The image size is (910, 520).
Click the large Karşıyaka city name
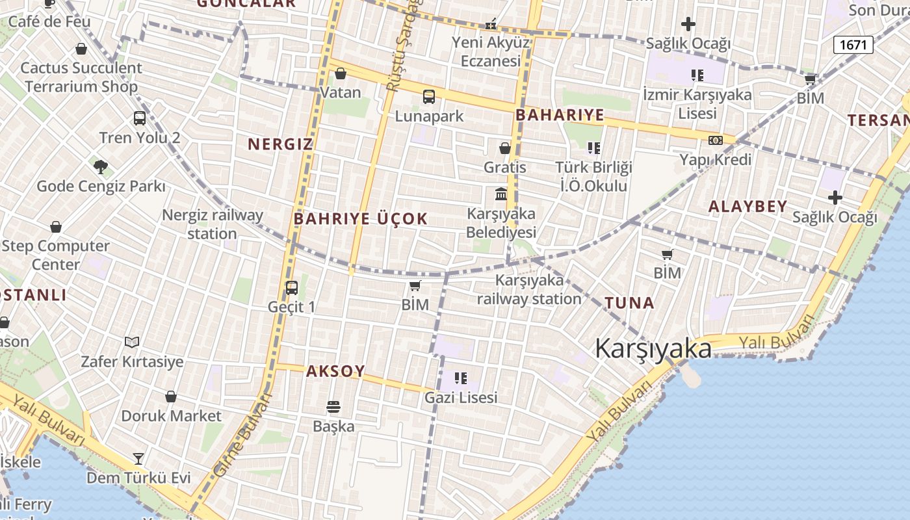click(653, 349)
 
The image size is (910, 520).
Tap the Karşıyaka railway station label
click(529, 289)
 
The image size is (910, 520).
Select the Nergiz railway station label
click(213, 224)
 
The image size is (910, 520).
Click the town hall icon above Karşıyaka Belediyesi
click(501, 194)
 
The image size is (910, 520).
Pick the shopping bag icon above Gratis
click(505, 148)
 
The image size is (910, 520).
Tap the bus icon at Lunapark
click(429, 97)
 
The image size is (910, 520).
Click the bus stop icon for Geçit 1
click(292, 287)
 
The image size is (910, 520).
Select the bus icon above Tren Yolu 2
click(140, 118)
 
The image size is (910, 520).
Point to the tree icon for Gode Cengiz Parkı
click(100, 167)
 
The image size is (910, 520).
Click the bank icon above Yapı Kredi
click(716, 140)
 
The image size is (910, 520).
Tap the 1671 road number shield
click(853, 44)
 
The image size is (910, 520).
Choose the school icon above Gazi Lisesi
click(461, 378)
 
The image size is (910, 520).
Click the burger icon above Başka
click(333, 407)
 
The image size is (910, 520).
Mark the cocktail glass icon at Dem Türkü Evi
click(138, 458)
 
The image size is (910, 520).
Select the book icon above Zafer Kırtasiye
click(132, 342)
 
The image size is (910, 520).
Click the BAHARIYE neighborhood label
click(560, 116)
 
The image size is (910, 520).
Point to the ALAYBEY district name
click(747, 207)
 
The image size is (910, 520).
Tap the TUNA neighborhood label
click(629, 303)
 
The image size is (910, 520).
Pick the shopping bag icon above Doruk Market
click(171, 396)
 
